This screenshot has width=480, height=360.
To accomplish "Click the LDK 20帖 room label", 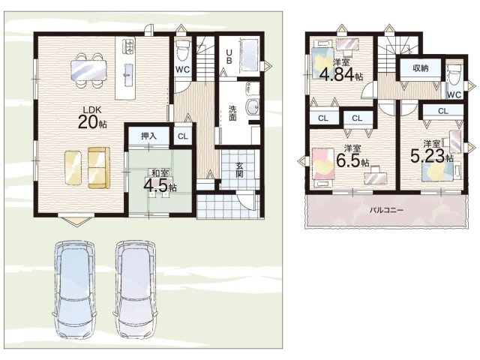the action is (x=92, y=118).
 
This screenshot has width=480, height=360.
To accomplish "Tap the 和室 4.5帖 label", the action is (x=160, y=181).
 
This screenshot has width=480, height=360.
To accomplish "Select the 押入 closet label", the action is (x=148, y=136).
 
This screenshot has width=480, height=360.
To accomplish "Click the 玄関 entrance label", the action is (x=239, y=170).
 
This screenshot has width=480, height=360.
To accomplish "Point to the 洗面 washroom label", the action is (x=232, y=112).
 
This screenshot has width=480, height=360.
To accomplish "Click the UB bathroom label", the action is (x=229, y=57).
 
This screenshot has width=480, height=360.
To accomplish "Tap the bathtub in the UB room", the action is (x=249, y=55).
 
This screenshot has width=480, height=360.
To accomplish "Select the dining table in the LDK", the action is (x=88, y=70).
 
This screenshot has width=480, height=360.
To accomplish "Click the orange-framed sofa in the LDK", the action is (x=98, y=168).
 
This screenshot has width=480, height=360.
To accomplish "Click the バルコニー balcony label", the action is (x=386, y=210).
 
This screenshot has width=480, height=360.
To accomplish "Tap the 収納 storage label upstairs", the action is (x=421, y=68).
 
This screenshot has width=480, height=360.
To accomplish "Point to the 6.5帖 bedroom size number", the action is (x=352, y=160).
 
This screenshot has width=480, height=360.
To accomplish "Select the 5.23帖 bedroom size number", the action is (x=432, y=156).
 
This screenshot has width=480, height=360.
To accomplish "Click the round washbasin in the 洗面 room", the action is (x=253, y=106).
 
